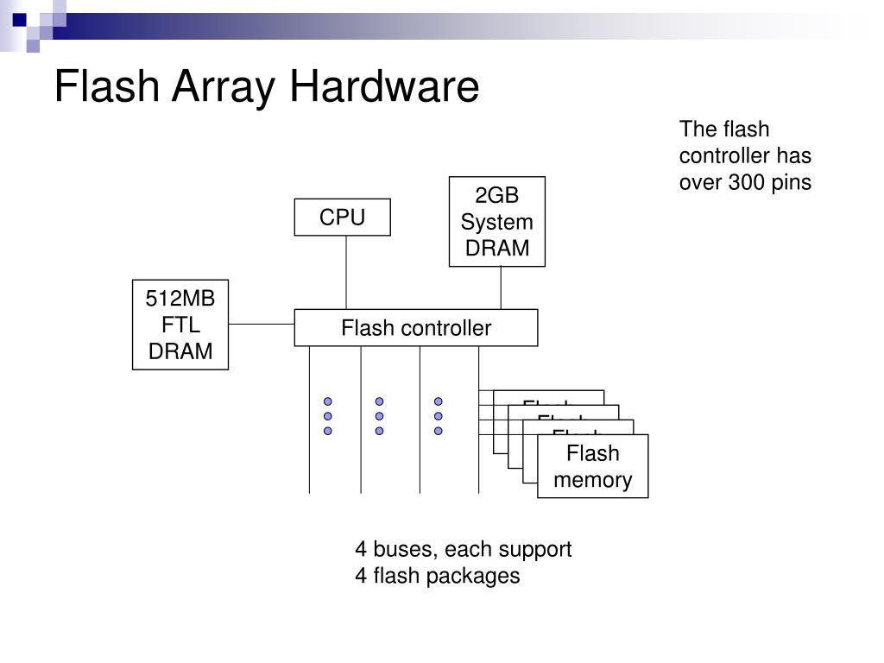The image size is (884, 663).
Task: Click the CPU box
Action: [342, 218]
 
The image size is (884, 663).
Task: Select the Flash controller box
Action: [415, 328]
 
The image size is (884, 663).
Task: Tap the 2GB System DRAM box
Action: [496, 222]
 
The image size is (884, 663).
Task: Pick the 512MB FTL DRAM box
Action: [180, 325]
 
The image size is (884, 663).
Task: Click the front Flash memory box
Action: [592, 467]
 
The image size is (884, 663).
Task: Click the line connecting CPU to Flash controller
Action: [346, 272]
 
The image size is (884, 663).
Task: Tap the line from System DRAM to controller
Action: [502, 287]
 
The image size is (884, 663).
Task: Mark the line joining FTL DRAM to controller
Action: [262, 325]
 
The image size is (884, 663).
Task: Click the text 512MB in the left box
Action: [180, 299]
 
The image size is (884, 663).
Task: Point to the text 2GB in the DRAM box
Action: [496, 196]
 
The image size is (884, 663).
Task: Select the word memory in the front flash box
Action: [592, 480]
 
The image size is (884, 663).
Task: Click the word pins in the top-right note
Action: [792, 183]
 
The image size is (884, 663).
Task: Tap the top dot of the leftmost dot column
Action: [328, 402]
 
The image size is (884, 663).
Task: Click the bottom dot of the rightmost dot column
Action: [439, 430]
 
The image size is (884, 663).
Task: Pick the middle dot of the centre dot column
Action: [379, 416]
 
